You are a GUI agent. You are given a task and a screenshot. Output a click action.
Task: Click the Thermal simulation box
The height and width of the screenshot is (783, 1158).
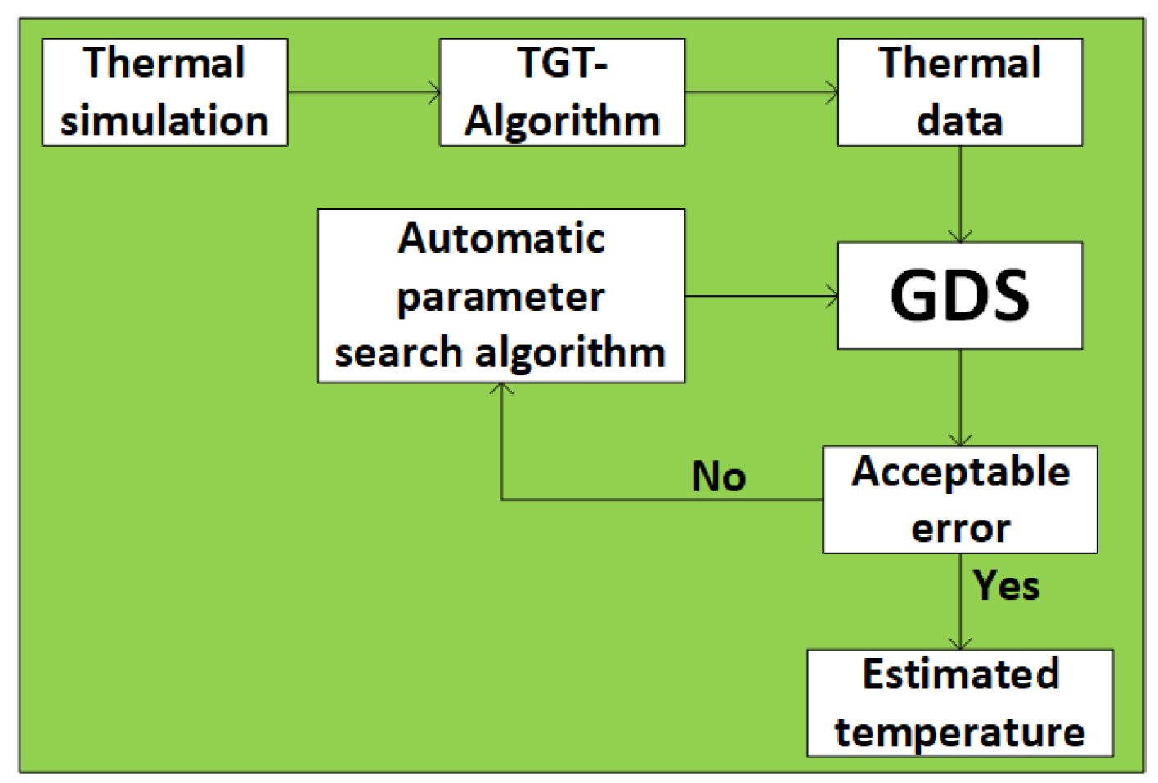point(164,92)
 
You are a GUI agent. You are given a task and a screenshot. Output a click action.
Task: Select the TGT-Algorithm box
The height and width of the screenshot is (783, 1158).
point(562,92)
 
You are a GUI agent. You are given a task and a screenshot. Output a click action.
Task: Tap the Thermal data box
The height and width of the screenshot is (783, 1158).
point(959,92)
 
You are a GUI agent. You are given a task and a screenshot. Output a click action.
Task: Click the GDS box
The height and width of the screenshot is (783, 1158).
point(959,296)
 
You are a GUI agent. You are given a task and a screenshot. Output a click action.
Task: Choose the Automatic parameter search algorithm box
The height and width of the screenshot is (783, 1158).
point(500,296)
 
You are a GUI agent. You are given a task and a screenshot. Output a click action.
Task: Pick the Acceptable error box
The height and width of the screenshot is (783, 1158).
point(959,499)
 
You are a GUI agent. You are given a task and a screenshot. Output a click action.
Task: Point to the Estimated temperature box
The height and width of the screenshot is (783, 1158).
point(959,703)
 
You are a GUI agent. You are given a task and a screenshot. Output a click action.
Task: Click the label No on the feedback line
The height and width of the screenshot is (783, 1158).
point(719,477)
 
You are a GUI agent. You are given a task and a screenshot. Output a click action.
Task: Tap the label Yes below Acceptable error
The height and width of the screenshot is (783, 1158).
point(1006,586)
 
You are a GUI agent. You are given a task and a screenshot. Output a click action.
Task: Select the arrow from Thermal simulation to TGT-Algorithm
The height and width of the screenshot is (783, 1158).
point(363,92)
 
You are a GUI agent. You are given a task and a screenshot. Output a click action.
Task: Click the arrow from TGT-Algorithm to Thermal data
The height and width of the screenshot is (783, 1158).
point(761,92)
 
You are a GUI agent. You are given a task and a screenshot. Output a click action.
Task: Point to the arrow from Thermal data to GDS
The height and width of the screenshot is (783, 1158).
point(960,195)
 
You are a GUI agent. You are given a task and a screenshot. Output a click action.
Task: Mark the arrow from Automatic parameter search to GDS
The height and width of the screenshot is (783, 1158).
point(761,296)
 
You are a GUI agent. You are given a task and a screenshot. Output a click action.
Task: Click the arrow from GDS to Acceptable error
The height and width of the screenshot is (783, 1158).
point(960,397)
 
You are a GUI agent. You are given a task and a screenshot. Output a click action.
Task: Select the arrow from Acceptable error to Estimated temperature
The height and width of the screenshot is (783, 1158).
point(960,602)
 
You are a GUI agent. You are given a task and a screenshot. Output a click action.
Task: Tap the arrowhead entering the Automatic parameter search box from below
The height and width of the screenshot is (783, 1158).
point(501,390)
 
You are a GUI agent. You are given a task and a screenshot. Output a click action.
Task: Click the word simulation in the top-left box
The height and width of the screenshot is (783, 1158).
point(164,121)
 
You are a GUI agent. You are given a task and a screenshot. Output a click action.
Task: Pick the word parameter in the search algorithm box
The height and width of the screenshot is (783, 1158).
point(500,297)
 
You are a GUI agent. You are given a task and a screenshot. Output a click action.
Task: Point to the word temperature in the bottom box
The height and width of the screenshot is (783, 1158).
point(959,732)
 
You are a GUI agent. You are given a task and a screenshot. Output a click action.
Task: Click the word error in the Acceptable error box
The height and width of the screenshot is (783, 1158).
point(960,528)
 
